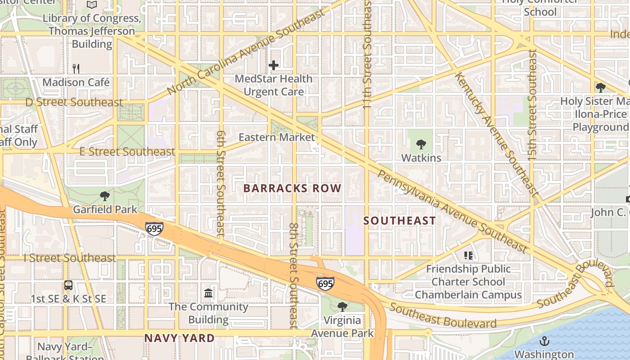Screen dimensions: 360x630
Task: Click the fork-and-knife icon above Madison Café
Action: coord(76,68)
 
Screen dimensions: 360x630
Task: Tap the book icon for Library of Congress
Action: coord(92,5)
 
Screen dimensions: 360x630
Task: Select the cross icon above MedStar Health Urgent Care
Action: coord(274,66)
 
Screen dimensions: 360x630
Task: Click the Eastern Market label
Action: coord(276,137)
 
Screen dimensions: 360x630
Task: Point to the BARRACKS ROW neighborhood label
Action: coord(292,188)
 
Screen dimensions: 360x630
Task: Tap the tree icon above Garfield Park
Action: coord(105,196)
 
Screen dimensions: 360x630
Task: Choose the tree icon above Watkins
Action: coord(421,144)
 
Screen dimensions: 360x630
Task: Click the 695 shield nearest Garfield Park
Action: coord(154,229)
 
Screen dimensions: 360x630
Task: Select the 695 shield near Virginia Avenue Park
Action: coord(325,283)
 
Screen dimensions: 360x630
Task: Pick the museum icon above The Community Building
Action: coord(208,293)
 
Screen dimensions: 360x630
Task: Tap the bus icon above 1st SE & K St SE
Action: coord(68,285)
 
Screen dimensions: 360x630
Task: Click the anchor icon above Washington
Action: coord(544,341)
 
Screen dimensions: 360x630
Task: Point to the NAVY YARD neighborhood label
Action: coord(179,338)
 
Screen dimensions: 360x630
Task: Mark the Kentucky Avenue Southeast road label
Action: coord(497,134)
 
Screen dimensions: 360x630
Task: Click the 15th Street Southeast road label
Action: coord(532,105)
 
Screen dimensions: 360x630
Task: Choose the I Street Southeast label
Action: coord(70,258)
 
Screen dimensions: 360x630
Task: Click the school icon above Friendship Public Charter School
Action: coord(468,256)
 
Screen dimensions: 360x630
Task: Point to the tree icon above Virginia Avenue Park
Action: coord(342,307)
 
